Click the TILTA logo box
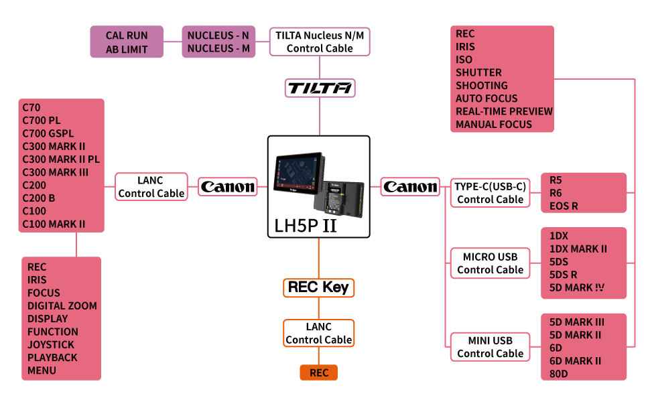click(x=320, y=88)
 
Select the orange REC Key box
click(x=318, y=287)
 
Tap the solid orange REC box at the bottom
click(x=319, y=373)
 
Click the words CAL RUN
click(x=127, y=36)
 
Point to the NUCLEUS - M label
click(x=218, y=48)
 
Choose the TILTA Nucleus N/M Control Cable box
click(x=320, y=42)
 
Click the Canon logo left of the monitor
click(x=228, y=187)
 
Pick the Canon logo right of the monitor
click(x=410, y=187)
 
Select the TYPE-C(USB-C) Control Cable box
click(x=490, y=193)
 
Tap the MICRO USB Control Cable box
click(x=490, y=263)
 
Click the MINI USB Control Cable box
click(x=490, y=347)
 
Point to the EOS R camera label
click(x=564, y=206)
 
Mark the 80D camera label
click(x=558, y=374)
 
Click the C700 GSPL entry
click(x=48, y=133)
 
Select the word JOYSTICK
click(x=51, y=344)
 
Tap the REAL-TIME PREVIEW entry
click(x=504, y=111)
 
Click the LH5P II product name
click(x=306, y=225)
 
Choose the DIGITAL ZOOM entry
click(x=62, y=306)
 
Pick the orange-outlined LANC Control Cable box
click(x=318, y=333)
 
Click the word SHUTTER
click(x=478, y=72)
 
